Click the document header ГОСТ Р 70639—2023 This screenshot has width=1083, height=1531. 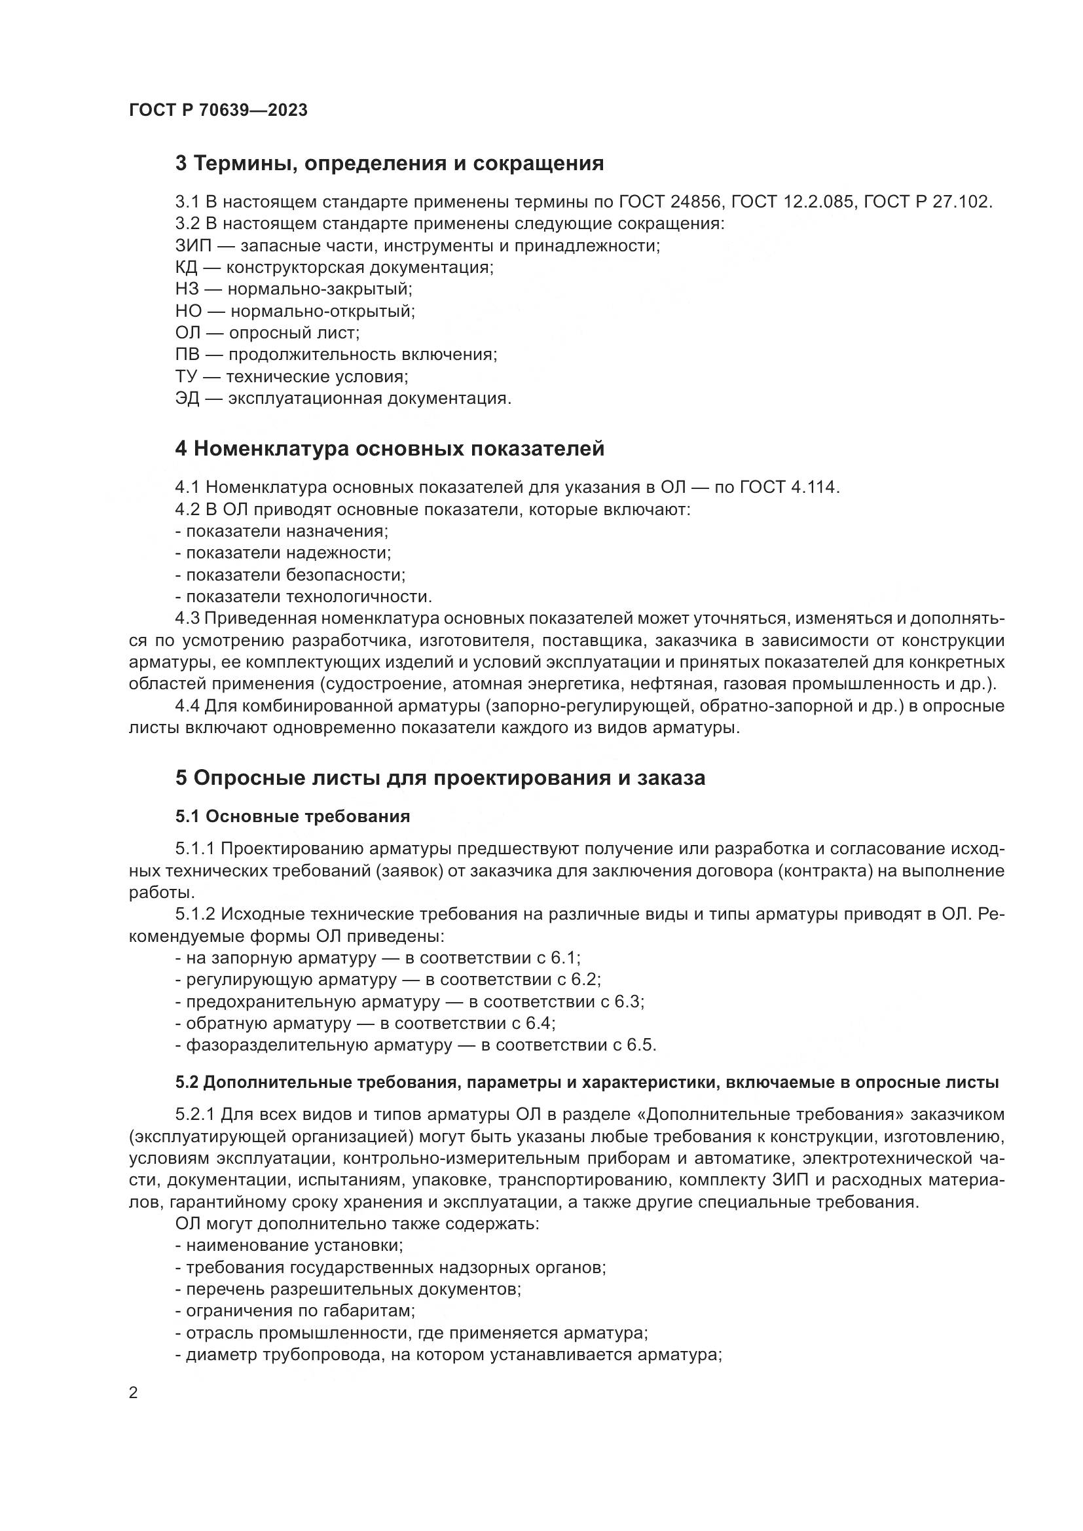[x=218, y=111]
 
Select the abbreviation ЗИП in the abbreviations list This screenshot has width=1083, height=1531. [x=193, y=246]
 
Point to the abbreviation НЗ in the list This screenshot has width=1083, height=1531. [x=187, y=289]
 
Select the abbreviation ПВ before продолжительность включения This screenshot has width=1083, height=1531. [x=187, y=355]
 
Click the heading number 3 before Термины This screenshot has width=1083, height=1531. [x=181, y=164]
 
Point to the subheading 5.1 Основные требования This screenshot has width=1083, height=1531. [x=293, y=816]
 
